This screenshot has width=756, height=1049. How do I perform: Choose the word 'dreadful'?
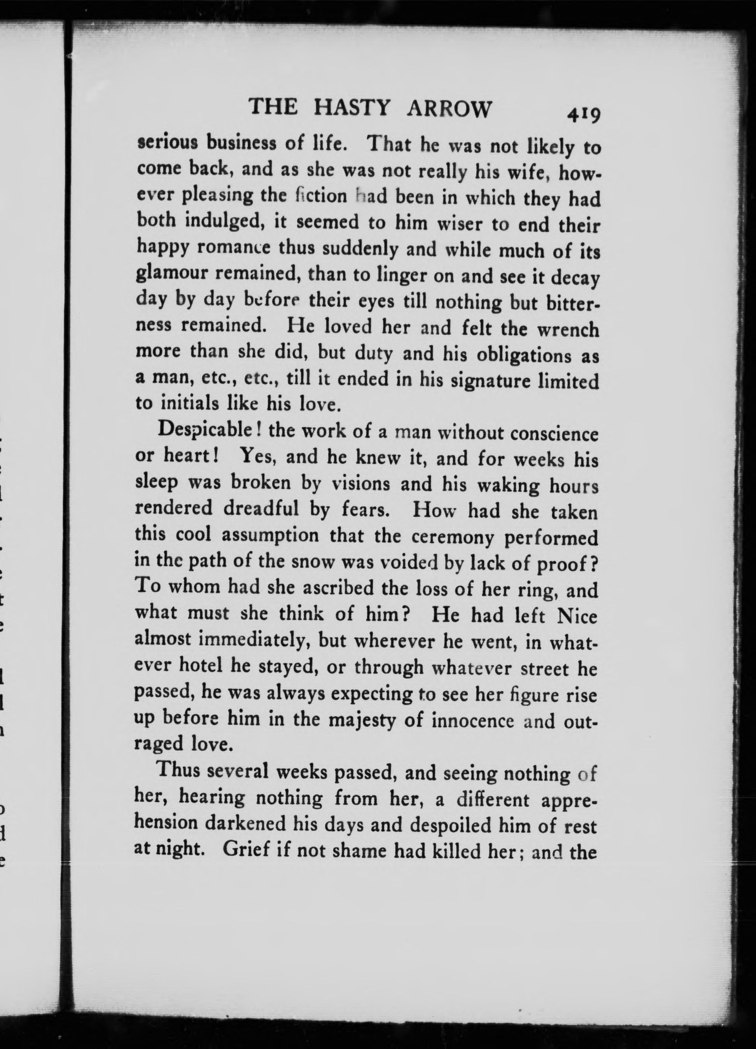261,509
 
